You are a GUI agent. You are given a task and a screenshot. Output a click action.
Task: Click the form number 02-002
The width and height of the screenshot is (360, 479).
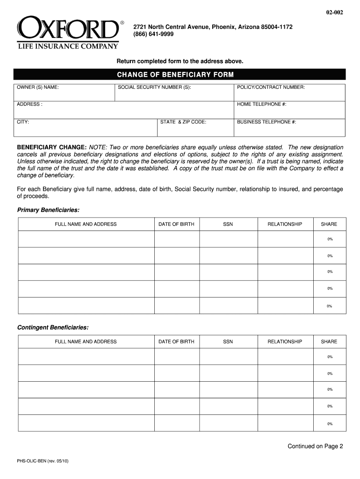click(335, 13)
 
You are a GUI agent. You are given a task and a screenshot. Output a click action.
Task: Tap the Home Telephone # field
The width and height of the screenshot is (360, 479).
click(289, 110)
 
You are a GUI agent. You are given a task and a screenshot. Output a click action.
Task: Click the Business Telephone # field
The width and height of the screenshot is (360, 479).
click(289, 127)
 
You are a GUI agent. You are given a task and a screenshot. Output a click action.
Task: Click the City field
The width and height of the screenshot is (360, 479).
click(86, 127)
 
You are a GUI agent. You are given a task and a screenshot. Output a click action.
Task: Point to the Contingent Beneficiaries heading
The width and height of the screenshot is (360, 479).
click(53, 327)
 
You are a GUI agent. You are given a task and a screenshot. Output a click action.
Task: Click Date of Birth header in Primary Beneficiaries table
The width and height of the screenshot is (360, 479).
click(176, 225)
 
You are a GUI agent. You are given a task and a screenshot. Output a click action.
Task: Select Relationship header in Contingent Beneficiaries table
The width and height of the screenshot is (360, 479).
click(285, 342)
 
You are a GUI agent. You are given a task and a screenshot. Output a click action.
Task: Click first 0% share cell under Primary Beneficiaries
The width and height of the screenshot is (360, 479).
click(330, 239)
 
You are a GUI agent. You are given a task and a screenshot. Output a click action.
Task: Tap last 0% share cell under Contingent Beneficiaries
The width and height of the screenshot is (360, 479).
click(330, 424)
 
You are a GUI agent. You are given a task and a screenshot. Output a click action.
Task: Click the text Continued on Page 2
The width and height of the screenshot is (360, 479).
click(315, 446)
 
